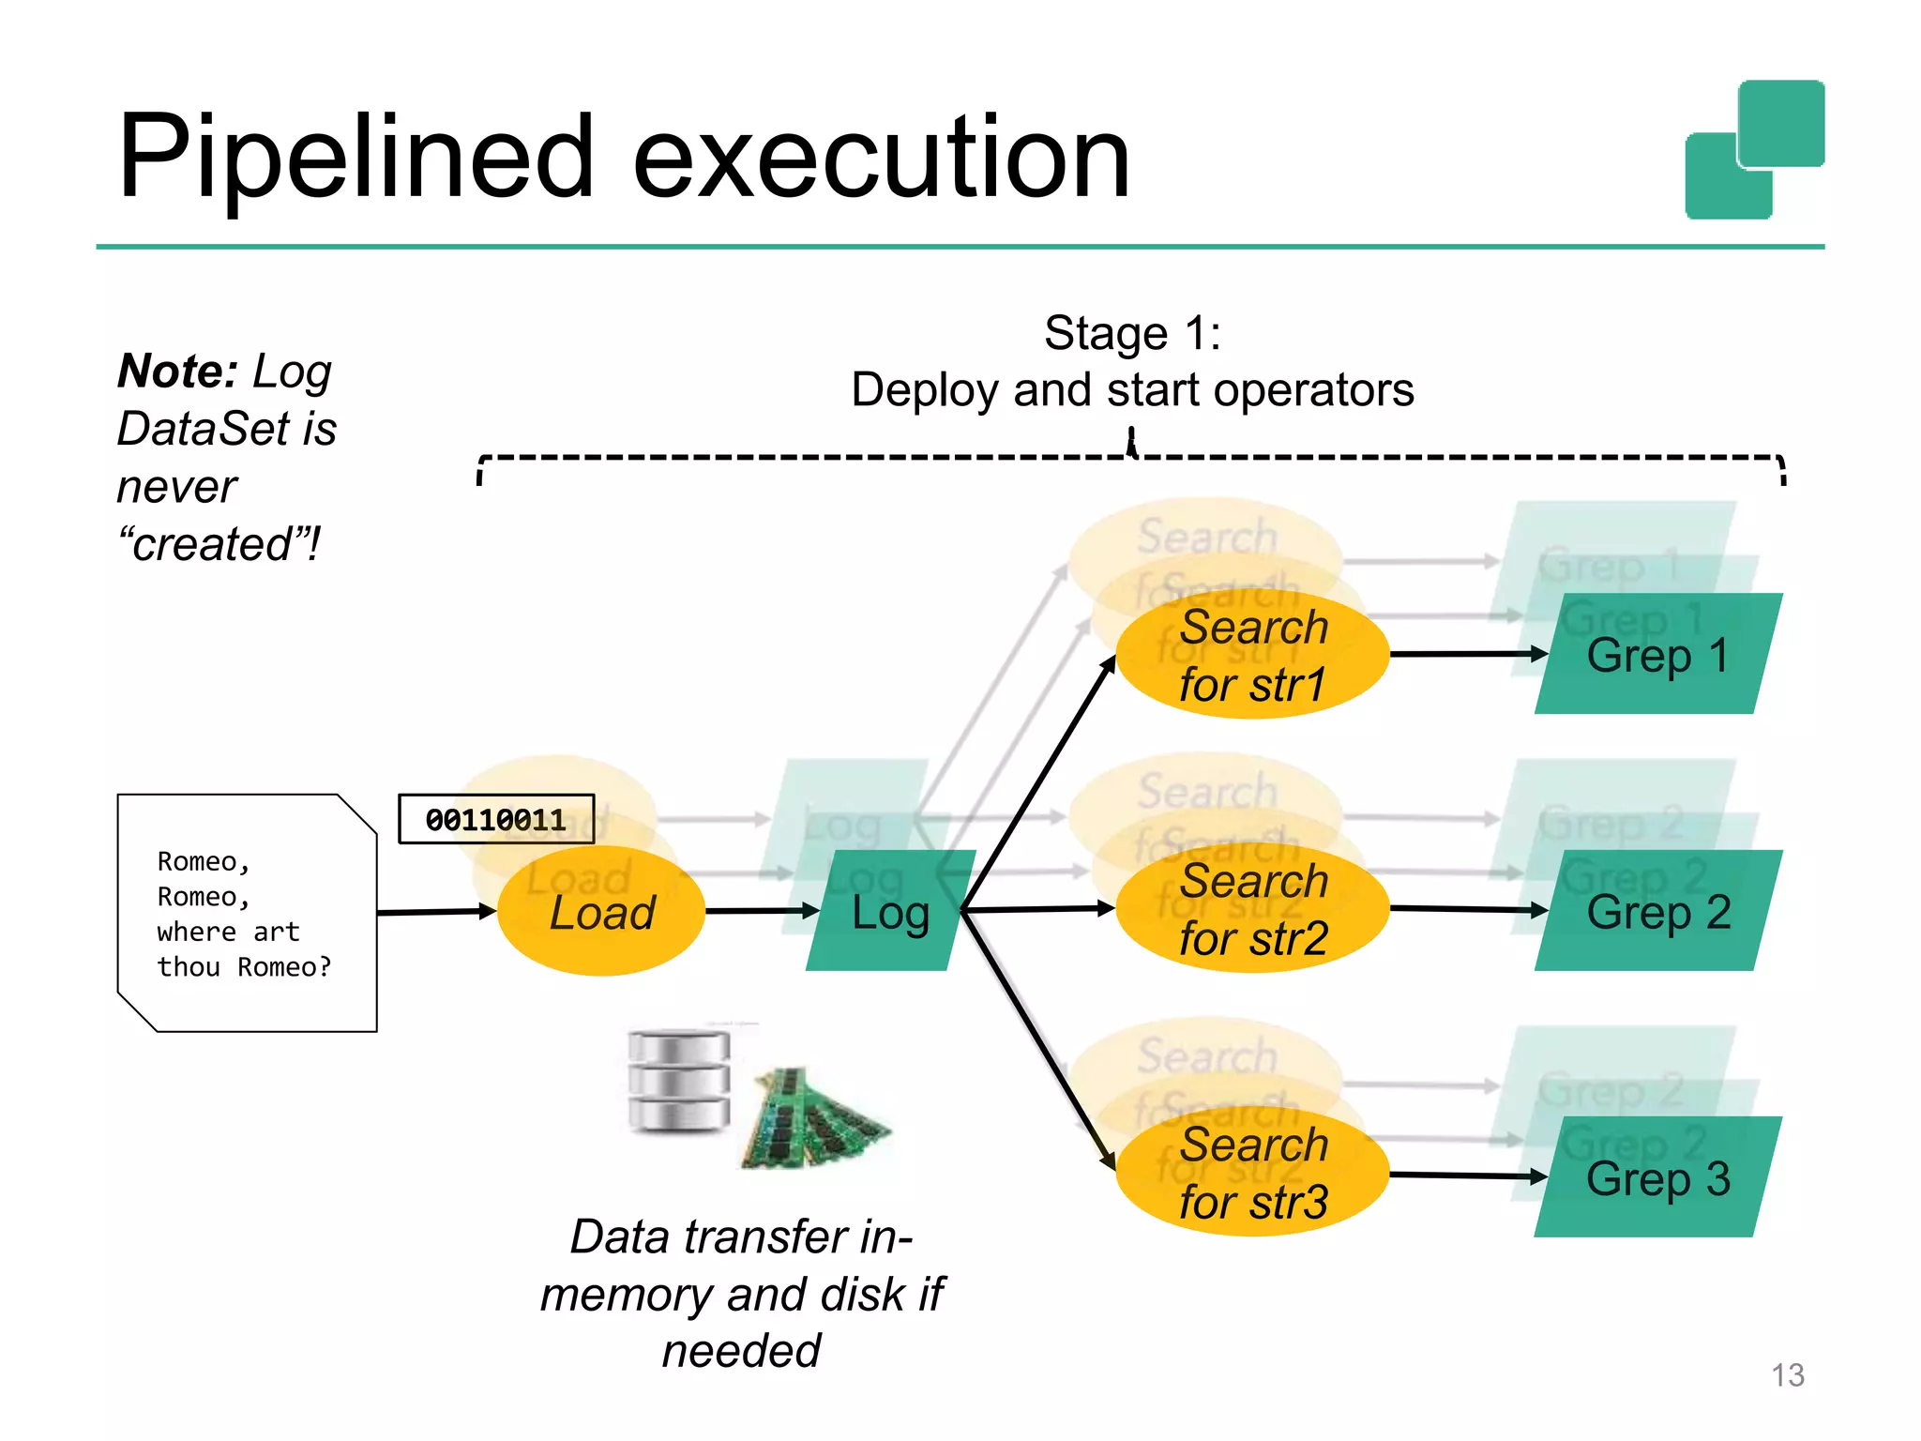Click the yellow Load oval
[x=600, y=913]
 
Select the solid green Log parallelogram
[x=889, y=911]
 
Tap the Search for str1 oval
[x=1252, y=655]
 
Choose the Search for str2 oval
[x=1252, y=909]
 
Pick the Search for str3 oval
[x=1252, y=1174]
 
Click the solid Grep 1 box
[x=1657, y=654]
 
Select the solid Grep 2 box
[x=1657, y=911]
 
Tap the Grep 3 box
[x=1657, y=1177]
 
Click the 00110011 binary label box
[x=495, y=819]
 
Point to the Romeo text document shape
[x=246, y=913]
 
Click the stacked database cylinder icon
[x=678, y=1081]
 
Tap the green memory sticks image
[x=814, y=1118]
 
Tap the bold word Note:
[x=177, y=372]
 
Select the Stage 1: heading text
[x=1132, y=333]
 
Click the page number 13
[x=1787, y=1375]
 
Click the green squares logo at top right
[x=1754, y=150]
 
